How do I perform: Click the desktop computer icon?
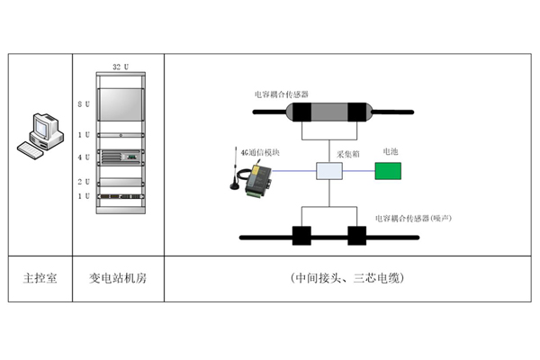click(40, 135)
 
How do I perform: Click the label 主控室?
click(40, 278)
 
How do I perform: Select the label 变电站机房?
click(120, 278)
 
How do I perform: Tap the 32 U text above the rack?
click(121, 67)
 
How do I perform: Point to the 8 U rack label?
click(83, 105)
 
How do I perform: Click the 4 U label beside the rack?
click(83, 157)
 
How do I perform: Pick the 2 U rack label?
click(83, 182)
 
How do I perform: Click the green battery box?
click(390, 170)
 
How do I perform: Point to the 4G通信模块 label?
click(260, 151)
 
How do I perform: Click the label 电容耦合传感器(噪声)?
click(414, 218)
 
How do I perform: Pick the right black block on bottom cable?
click(357, 238)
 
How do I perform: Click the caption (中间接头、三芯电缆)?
click(348, 278)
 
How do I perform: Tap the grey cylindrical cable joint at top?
click(328, 112)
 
